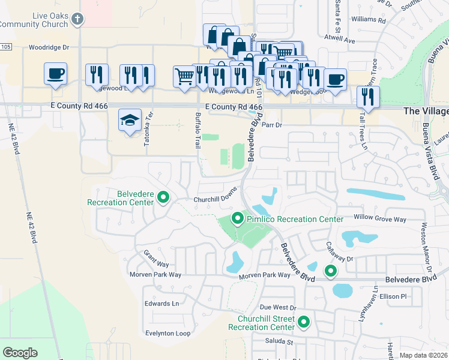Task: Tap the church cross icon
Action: pyautogui.click(x=76, y=19)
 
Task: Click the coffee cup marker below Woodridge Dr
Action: pyautogui.click(x=56, y=74)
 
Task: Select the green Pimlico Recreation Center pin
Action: pyautogui.click(x=238, y=219)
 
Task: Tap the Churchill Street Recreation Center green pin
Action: pyautogui.click(x=304, y=322)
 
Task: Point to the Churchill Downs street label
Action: pyautogui.click(x=216, y=200)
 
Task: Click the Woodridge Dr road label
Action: pyautogui.click(x=49, y=47)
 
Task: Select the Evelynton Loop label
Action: pyautogui.click(x=167, y=333)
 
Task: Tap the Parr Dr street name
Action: pyautogui.click(x=272, y=125)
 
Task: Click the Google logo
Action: pyautogui.click(x=20, y=353)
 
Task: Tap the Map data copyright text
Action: pyautogui.click(x=424, y=355)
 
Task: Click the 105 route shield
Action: pyautogui.click(x=5, y=47)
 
